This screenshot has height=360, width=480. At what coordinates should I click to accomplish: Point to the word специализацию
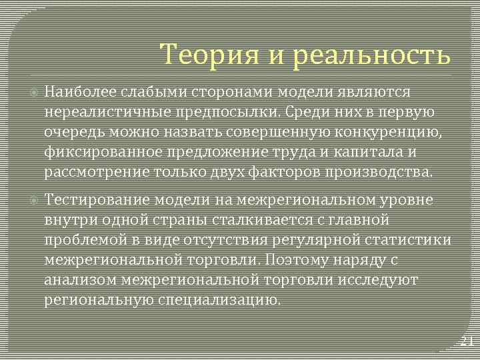click(x=219, y=300)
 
